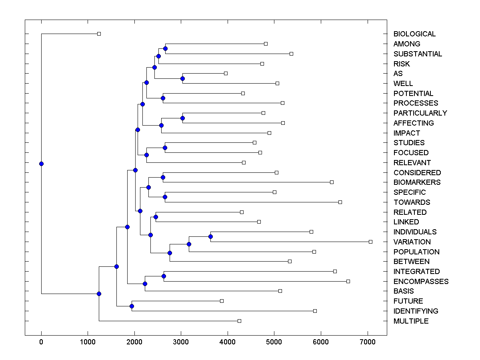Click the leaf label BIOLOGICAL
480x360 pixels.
click(414, 34)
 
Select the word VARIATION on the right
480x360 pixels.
click(412, 242)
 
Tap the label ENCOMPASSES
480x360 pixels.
click(421, 282)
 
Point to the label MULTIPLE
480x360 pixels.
click(411, 321)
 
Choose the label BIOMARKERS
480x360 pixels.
click(417, 182)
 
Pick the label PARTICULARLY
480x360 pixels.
click(420, 113)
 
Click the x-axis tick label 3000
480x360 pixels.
click(181, 342)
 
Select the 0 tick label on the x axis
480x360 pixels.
click(41, 342)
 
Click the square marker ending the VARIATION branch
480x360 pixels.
click(370, 242)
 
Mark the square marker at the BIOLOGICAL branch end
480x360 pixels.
click(99, 34)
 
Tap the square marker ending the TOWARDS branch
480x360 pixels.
click(340, 202)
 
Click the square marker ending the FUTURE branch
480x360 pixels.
click(222, 301)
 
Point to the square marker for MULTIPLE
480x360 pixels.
click(239, 321)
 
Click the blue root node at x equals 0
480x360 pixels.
click(41, 164)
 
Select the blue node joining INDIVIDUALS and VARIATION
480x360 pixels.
click(211, 237)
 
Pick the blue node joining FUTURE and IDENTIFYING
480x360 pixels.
click(132, 306)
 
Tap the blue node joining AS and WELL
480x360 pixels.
click(182, 78)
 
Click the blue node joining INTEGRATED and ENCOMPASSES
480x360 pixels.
click(164, 276)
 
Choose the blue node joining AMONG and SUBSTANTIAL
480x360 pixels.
click(165, 48)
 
